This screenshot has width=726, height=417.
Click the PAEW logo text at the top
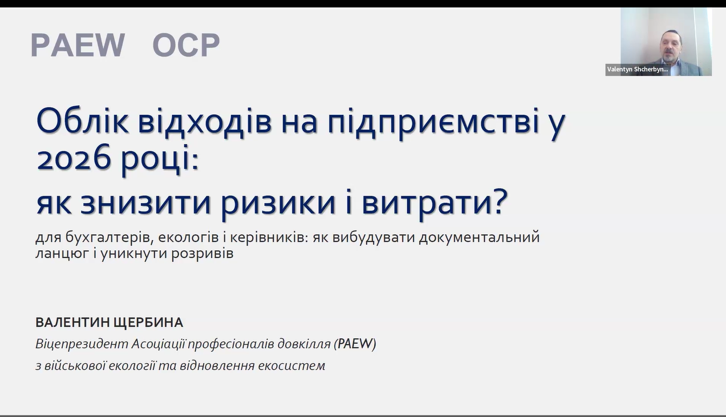(x=78, y=45)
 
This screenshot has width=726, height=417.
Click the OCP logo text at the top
(x=186, y=45)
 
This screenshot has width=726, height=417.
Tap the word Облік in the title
(x=83, y=121)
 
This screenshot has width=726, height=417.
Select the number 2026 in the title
(x=74, y=159)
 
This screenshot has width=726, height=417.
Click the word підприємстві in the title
(x=433, y=123)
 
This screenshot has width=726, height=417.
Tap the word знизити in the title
(x=145, y=203)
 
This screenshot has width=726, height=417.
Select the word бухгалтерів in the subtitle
(x=108, y=237)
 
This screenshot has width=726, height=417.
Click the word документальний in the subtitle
(x=480, y=237)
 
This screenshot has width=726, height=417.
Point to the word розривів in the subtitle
(x=202, y=254)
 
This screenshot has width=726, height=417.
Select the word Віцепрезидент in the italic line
(x=82, y=344)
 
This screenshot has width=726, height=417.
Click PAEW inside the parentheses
(x=355, y=344)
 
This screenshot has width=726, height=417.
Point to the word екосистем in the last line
(x=291, y=366)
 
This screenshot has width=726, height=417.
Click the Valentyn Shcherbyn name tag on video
(x=637, y=70)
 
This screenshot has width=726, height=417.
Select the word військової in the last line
(x=75, y=366)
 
